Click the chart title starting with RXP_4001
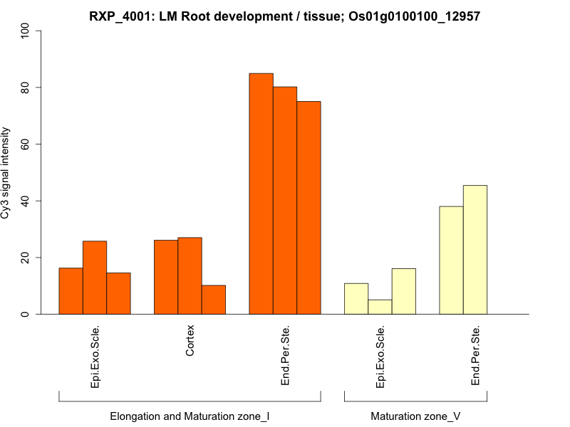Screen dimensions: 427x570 pos(284,16)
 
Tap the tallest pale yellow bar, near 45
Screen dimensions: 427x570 pos(475,249)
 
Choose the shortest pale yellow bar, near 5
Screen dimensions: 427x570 pos(380,307)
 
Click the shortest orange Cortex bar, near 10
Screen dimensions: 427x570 pos(214,300)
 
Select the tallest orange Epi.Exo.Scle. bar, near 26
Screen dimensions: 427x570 pos(95,278)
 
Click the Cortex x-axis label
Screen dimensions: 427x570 pos(190,340)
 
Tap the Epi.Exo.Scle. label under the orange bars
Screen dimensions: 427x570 pos(95,357)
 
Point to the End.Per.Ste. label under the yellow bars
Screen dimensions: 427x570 pos(475,356)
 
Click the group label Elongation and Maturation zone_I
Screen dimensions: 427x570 pos(190,416)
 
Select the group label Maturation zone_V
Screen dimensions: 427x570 pos(415,416)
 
